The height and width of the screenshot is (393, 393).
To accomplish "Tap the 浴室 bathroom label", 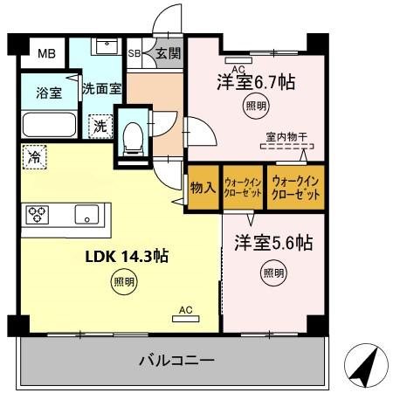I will pyautogui.click(x=48, y=93).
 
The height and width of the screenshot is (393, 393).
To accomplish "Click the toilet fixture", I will pyautogui.click(x=134, y=134).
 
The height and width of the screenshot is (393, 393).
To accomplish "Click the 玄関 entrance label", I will pyautogui.click(x=168, y=53).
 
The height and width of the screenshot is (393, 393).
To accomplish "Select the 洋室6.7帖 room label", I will pyautogui.click(x=255, y=83).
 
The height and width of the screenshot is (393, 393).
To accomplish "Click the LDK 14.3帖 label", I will pyautogui.click(x=126, y=257).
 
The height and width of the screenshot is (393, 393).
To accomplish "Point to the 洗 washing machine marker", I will pyautogui.click(x=101, y=125).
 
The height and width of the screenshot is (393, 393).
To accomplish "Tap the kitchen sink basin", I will pyautogui.click(x=87, y=214).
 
